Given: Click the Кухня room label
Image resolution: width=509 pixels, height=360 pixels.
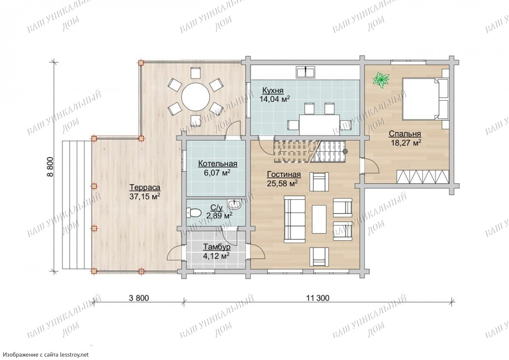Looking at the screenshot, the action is point(273,90).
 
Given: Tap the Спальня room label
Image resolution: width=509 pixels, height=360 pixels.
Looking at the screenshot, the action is point(405,134).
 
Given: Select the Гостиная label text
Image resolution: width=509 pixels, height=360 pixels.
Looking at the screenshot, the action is point(284,174).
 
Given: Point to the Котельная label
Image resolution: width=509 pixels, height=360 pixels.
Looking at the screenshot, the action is point(218,163).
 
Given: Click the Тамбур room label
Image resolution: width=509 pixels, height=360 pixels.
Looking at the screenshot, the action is point(217,247).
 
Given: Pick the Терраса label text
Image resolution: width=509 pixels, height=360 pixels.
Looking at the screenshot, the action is point(145,188).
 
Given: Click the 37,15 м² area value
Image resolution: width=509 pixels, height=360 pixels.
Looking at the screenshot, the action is point(145,197).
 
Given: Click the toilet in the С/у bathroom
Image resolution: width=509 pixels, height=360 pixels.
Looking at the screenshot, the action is point(193,213).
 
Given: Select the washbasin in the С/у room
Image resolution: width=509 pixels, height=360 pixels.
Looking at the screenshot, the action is point(234,204).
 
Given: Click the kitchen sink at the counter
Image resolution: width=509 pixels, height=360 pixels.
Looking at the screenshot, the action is point(305,72).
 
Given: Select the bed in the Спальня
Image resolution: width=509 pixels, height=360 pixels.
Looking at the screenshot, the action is point(425,99).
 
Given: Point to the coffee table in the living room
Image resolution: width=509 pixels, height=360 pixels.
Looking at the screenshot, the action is point(319,219).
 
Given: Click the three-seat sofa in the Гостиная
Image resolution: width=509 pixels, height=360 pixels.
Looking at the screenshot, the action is point(295,219).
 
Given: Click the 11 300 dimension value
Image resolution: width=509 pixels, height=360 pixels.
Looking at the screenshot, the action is point(318,298).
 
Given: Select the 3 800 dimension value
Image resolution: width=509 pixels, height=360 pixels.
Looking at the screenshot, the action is point(139,298).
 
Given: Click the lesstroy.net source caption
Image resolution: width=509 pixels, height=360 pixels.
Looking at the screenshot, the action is point(46,354).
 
